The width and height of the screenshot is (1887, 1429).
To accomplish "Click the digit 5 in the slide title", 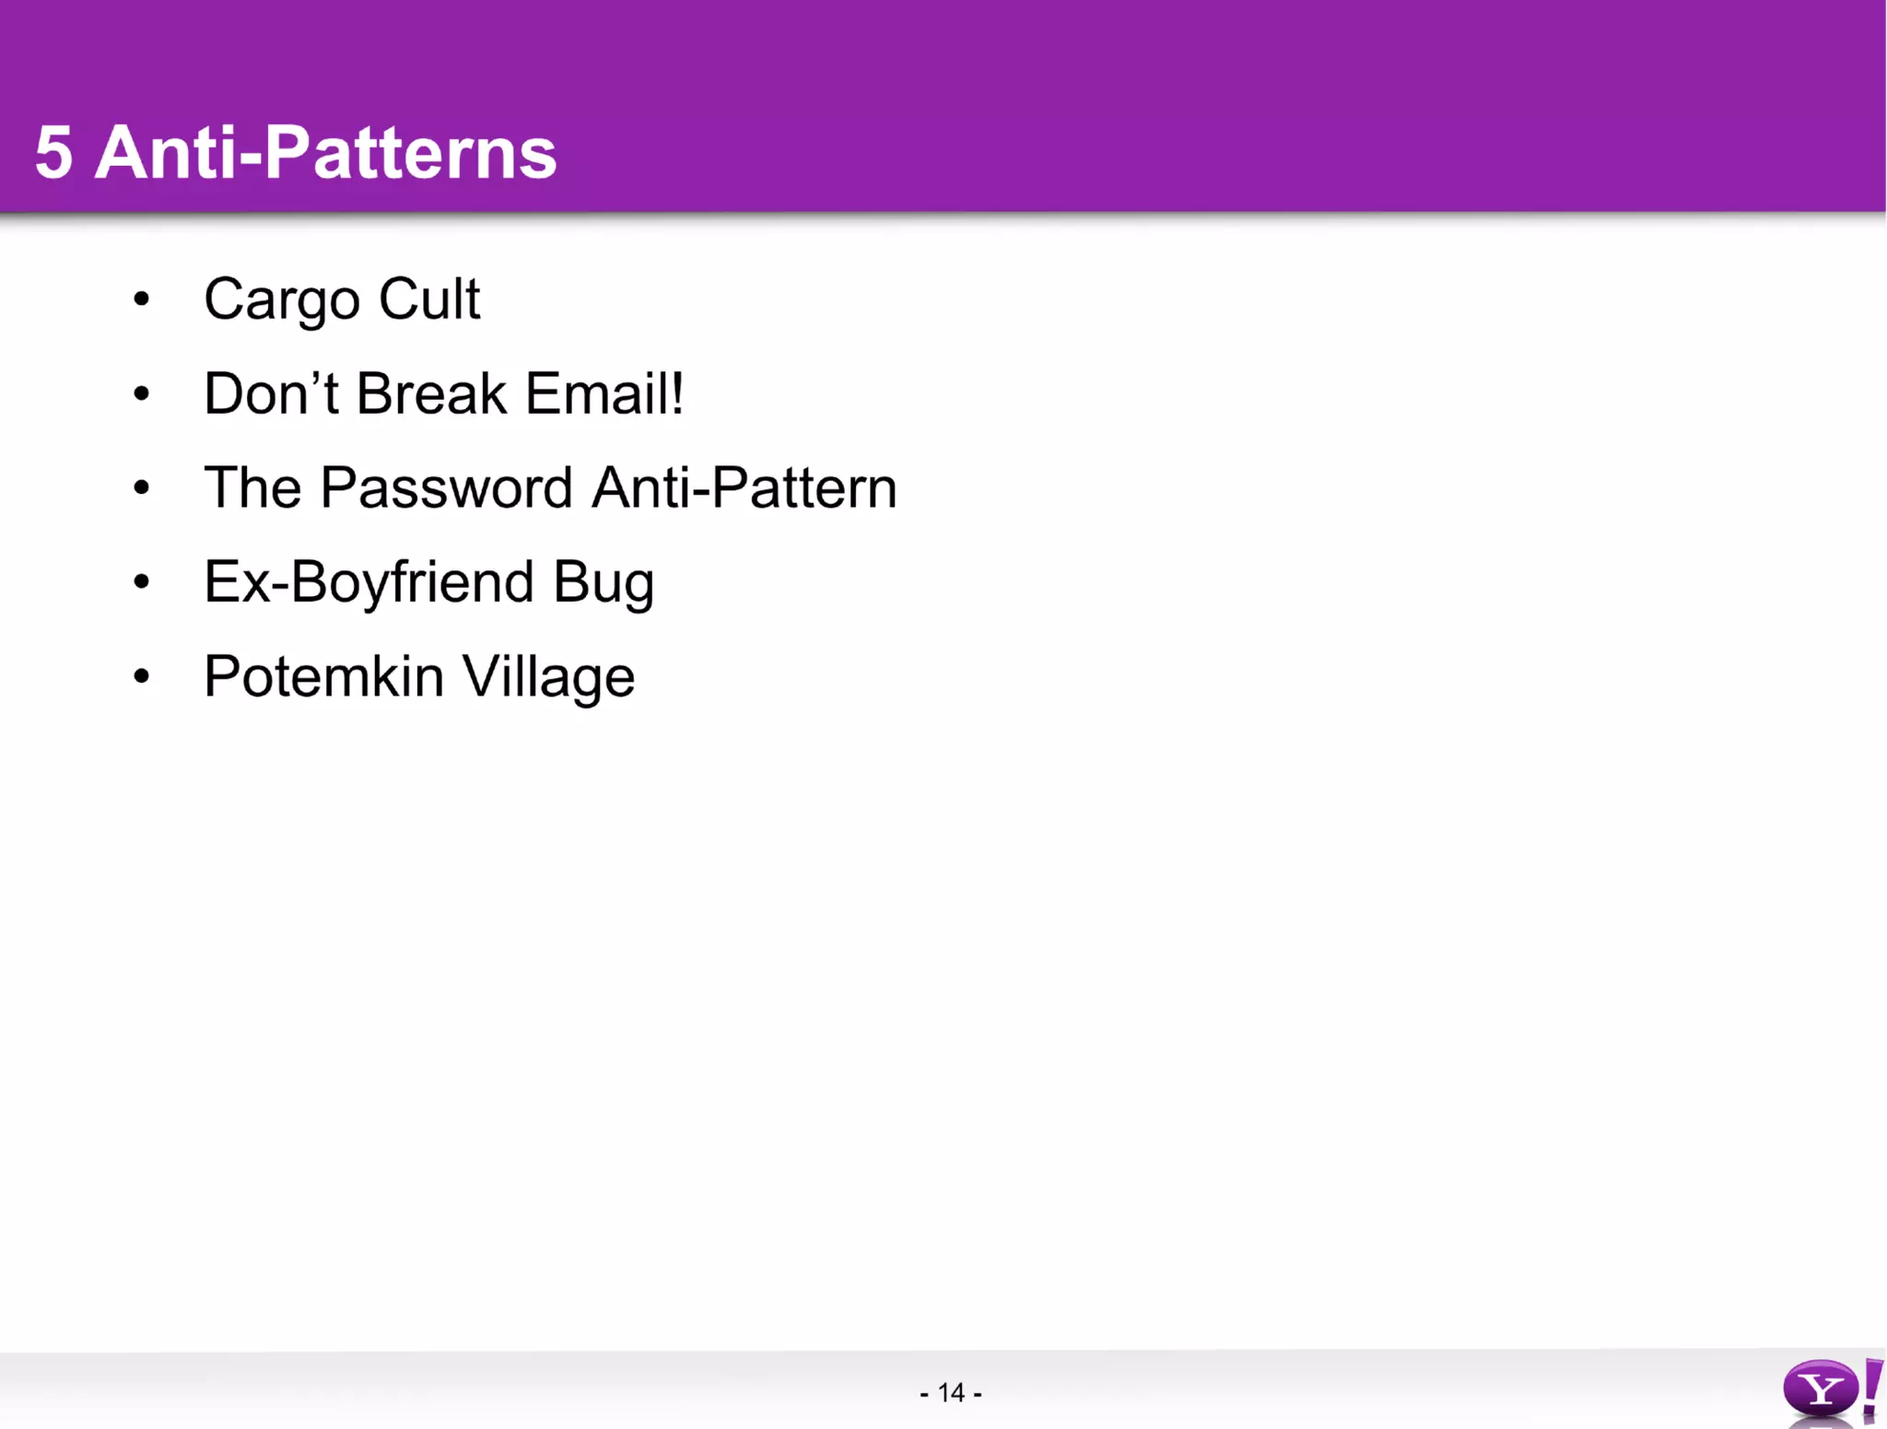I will coord(53,153).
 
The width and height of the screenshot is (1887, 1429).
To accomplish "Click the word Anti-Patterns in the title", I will coord(326,153).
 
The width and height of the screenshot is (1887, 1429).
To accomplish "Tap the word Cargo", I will coord(281,300).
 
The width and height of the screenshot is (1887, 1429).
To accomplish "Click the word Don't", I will coord(271,394).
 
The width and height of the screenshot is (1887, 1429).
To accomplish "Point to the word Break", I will coord(431,394).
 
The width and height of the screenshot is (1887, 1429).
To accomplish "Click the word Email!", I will coord(604,394).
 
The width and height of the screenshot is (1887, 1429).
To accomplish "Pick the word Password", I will coord(447,488).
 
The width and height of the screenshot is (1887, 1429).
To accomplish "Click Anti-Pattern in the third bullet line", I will coord(744,488).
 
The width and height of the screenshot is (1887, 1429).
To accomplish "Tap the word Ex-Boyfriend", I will coord(369,583).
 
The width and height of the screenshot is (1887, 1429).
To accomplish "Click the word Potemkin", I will coord(323,677).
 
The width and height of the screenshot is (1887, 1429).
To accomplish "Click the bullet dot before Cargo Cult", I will coord(141,299).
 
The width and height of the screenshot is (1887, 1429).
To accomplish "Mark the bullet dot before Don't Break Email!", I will coord(141,394).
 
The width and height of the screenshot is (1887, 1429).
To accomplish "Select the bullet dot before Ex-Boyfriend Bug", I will coord(141,582).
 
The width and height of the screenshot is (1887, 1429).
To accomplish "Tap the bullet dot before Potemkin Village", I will coord(141,677).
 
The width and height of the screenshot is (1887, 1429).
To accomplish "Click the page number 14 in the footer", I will coord(951,1392).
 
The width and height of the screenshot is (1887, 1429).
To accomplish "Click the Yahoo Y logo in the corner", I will coord(1821,1388).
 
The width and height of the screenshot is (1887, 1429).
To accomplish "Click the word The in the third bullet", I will coord(252,488).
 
